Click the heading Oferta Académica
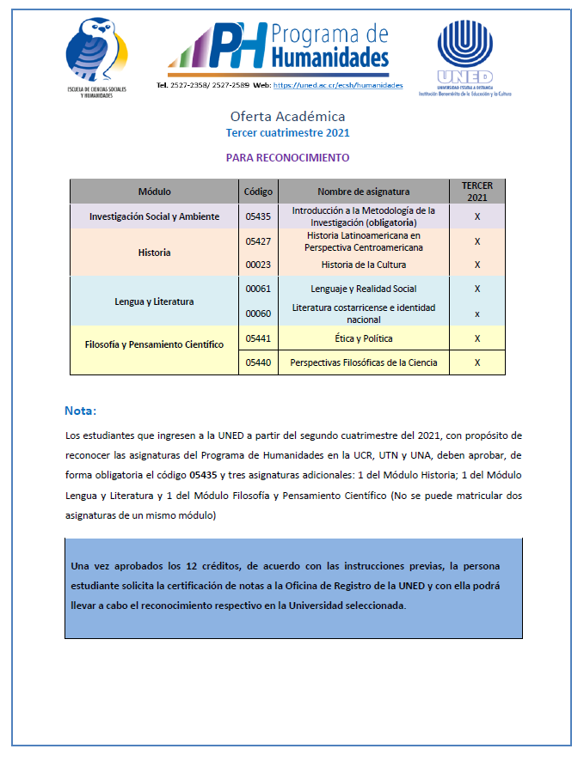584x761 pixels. (x=287, y=116)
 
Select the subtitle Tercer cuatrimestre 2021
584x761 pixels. (x=287, y=133)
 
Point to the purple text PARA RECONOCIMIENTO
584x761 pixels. (x=287, y=158)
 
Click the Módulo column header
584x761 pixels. (x=154, y=192)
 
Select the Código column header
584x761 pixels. (x=258, y=192)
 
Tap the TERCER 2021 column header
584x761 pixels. (x=476, y=192)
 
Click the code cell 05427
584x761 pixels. (x=258, y=241)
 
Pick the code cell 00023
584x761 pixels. (x=258, y=265)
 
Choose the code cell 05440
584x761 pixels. (x=258, y=362)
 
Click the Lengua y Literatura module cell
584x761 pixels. (x=154, y=301)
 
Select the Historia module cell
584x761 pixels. (x=154, y=253)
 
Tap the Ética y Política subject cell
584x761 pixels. (x=363, y=338)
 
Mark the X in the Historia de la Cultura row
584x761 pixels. (x=476, y=265)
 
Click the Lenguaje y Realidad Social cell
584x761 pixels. (x=363, y=289)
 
